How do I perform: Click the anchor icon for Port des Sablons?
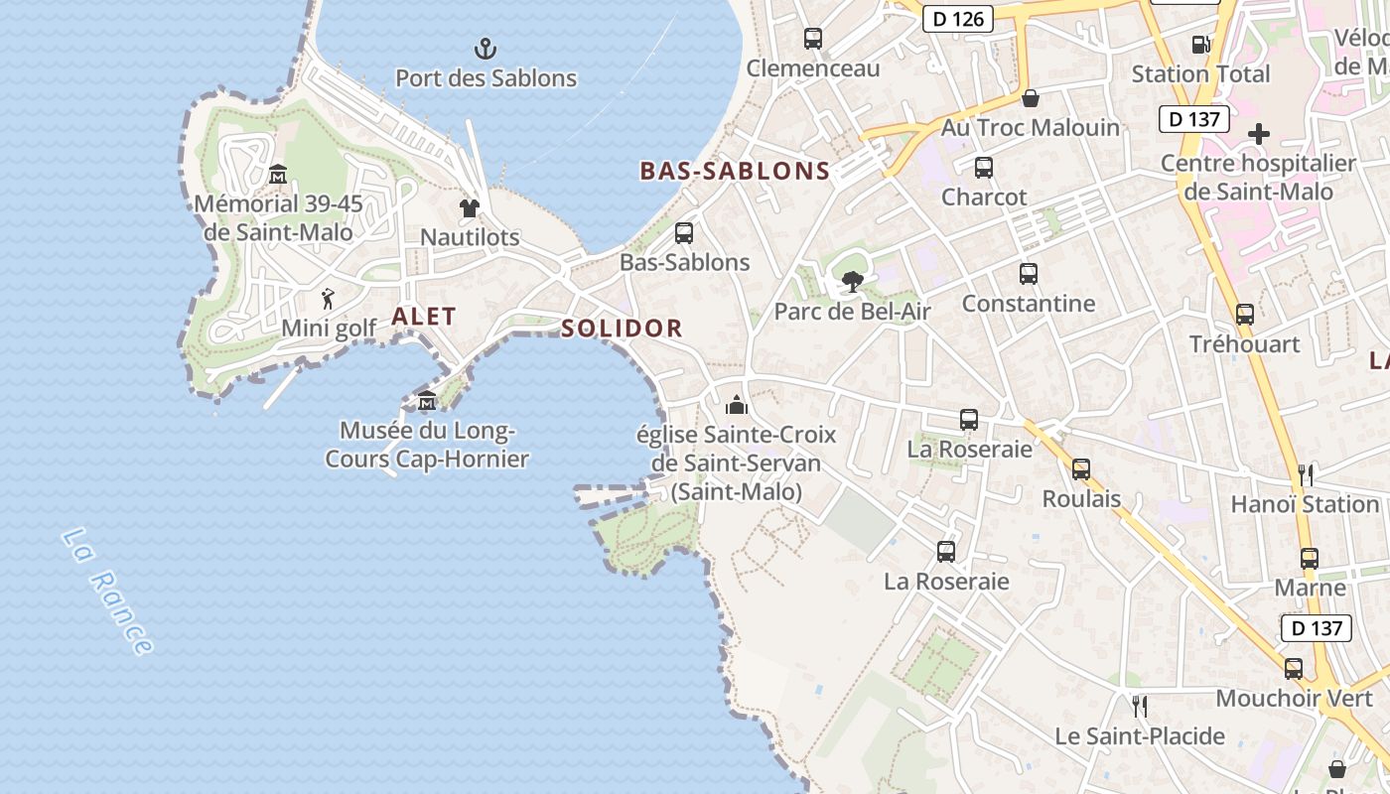point(486,48)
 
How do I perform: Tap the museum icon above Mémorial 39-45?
point(278,174)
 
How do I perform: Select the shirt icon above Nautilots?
point(470,207)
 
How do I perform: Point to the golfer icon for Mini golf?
point(329,298)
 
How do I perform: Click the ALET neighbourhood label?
point(424,317)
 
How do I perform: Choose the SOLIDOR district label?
point(622,329)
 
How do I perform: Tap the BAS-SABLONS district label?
point(735,171)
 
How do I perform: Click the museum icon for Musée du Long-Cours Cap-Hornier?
point(427,401)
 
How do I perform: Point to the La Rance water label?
point(108,592)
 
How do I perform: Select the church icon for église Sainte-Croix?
point(737,405)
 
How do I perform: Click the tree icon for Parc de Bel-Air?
point(852,282)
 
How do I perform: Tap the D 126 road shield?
point(958,18)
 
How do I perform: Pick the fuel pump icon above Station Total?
point(1200,45)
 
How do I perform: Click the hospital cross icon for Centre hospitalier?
point(1258,133)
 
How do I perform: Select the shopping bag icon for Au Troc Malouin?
point(1031,98)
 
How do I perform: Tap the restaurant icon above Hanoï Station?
point(1306,474)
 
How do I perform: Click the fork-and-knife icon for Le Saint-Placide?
point(1140,707)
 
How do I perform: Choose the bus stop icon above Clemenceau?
point(813,39)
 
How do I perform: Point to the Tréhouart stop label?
point(1245,344)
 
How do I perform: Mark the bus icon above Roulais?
point(1081,469)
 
